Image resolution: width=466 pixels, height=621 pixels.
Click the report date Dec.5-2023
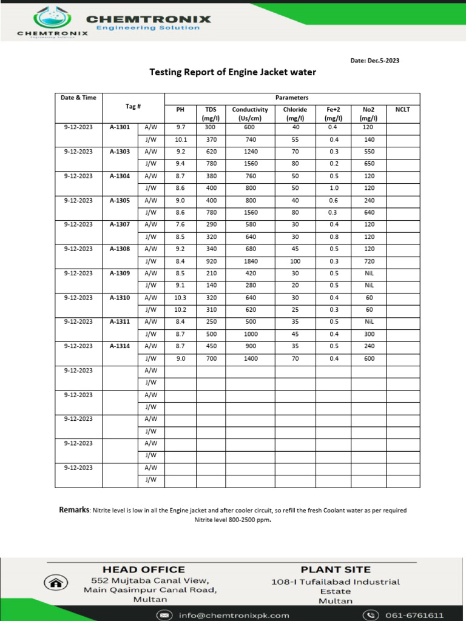[375, 61]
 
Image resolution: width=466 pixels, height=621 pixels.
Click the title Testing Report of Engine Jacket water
[233, 72]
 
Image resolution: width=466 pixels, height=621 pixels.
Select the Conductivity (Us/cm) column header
[250, 113]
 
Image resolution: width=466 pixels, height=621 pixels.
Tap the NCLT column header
[403, 110]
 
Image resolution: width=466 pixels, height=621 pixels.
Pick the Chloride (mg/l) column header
[295, 113]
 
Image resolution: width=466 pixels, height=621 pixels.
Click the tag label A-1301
[120, 127]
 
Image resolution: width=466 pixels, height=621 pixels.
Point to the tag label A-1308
[120, 249]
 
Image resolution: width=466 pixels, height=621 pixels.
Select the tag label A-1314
[120, 346]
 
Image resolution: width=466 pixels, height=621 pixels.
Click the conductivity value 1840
[251, 261]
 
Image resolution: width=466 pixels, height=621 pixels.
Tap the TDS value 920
[211, 261]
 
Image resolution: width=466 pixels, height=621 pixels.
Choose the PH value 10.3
[180, 297]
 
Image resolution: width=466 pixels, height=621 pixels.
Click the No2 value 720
[368, 261]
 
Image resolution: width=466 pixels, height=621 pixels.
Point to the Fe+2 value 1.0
[333, 188]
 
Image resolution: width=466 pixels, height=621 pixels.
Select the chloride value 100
[295, 261]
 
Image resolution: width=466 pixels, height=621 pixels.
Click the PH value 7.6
[180, 224]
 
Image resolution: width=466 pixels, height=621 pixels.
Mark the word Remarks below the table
[74, 510]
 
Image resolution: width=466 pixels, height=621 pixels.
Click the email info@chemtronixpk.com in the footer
[234, 615]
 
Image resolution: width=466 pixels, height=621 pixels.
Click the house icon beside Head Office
[56, 583]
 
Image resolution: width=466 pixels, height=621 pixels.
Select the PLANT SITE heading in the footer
[336, 569]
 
